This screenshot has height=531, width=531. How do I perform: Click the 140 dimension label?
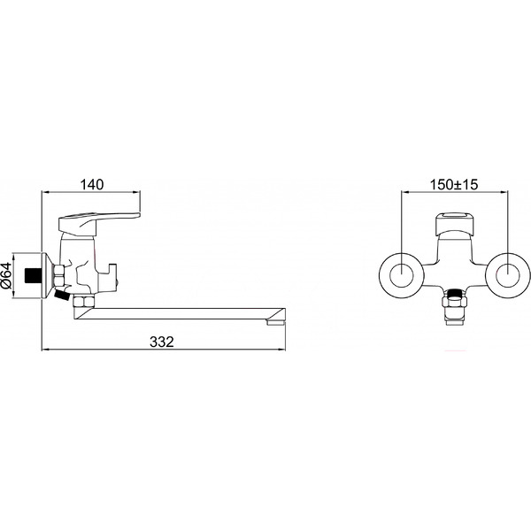91,185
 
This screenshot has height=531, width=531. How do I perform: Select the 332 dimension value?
162,342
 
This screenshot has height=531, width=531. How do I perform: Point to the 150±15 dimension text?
454,185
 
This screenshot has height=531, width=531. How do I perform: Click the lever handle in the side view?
98,220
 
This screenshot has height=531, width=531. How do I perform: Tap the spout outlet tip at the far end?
276,322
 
